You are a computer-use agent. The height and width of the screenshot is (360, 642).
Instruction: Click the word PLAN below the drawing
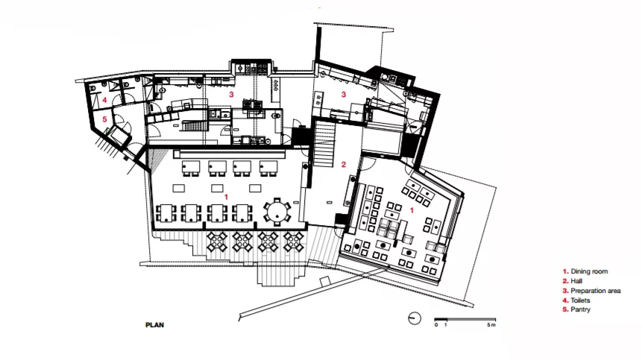[x=155, y=325]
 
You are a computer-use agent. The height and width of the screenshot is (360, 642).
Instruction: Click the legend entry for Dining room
[x=585, y=271]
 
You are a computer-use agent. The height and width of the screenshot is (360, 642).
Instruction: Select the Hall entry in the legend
[x=573, y=281]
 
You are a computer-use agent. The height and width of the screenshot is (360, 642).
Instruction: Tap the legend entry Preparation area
[x=591, y=291]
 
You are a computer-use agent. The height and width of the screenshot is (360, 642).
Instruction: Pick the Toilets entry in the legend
[x=576, y=300]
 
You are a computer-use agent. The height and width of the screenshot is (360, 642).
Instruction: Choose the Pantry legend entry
[x=576, y=309]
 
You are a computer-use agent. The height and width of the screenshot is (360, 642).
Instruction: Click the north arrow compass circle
[x=415, y=318]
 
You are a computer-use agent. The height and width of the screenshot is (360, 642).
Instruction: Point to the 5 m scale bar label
[x=491, y=325]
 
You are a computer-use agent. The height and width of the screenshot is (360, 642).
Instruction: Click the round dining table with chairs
[x=277, y=212]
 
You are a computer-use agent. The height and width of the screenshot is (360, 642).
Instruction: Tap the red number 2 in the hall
[x=344, y=165]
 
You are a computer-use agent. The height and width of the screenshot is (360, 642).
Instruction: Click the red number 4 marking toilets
[x=105, y=100]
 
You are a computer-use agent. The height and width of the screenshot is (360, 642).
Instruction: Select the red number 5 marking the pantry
[x=105, y=119]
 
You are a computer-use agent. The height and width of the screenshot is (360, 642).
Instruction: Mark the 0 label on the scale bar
[x=436, y=325]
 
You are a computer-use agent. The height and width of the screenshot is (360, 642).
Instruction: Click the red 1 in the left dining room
[x=226, y=198]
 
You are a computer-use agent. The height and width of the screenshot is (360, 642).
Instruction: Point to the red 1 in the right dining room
[x=412, y=210]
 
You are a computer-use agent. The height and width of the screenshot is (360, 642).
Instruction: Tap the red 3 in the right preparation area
[x=344, y=95]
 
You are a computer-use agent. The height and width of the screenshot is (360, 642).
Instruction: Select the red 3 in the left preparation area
[x=231, y=95]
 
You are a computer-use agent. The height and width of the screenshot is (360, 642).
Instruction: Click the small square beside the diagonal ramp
[x=324, y=282]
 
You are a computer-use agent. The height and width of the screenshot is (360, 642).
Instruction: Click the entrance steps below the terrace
[x=281, y=275]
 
